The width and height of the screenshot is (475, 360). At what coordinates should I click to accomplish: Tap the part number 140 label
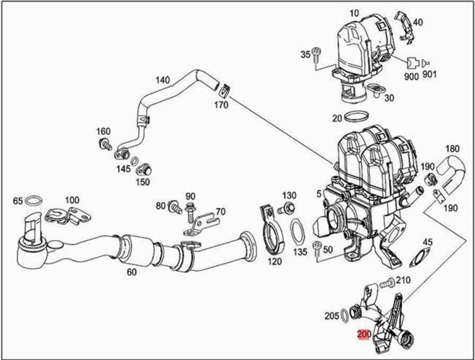[163, 80]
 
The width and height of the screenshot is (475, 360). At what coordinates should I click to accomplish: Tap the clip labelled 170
[224, 91]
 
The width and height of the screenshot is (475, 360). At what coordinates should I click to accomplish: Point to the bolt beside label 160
[106, 143]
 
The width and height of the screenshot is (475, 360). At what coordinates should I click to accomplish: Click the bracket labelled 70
[199, 222]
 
